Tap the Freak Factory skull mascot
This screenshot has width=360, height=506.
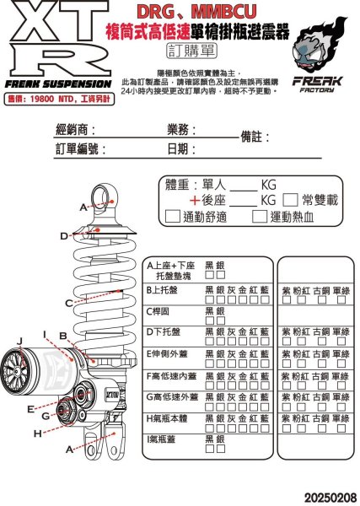click(x=317, y=47)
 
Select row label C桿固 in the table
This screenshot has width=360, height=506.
click(x=160, y=310)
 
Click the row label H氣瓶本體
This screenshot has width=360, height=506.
click(x=171, y=417)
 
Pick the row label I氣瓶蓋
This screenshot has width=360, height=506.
click(x=164, y=439)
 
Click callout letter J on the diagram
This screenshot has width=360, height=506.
click(x=19, y=341)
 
